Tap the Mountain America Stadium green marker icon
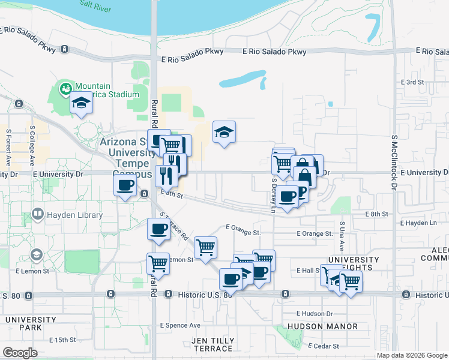pyautogui.click(x=65, y=90)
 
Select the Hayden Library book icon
pyautogui.click(x=37, y=214)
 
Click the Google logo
pyautogui.click(x=20, y=353)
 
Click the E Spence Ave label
pyautogui.click(x=180, y=325)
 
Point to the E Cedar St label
pyautogui.click(x=324, y=346)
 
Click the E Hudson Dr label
pyautogui.click(x=315, y=313)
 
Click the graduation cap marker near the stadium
pyautogui.click(x=81, y=104)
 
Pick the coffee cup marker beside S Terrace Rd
pyautogui.click(x=158, y=229)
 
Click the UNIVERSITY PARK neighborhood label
pyautogui.click(x=22, y=323)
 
